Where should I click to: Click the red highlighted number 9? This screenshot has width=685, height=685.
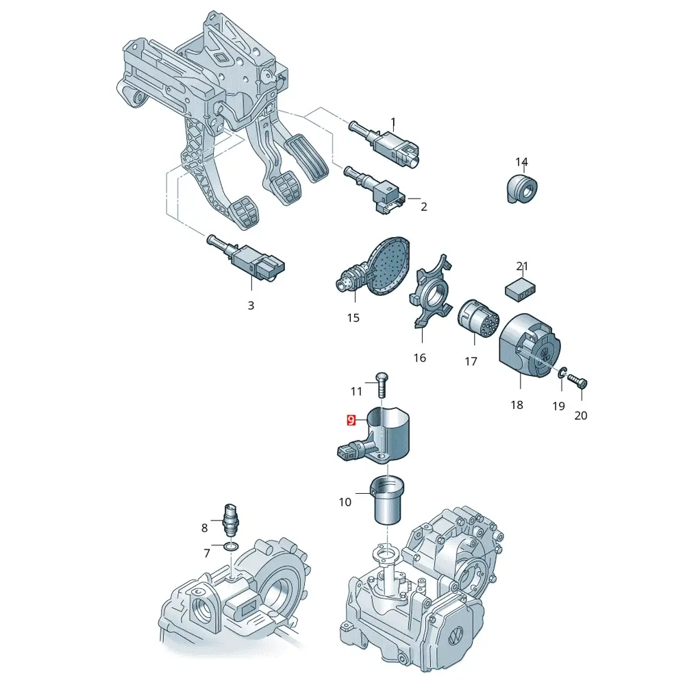351,421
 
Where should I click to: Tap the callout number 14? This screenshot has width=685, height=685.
521,162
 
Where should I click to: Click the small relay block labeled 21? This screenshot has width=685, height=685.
521,289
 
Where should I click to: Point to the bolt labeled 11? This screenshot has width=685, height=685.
382,384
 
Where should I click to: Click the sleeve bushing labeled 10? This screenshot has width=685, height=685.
387,499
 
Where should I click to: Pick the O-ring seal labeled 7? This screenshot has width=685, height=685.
231,547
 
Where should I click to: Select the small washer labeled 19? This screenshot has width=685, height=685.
562,372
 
